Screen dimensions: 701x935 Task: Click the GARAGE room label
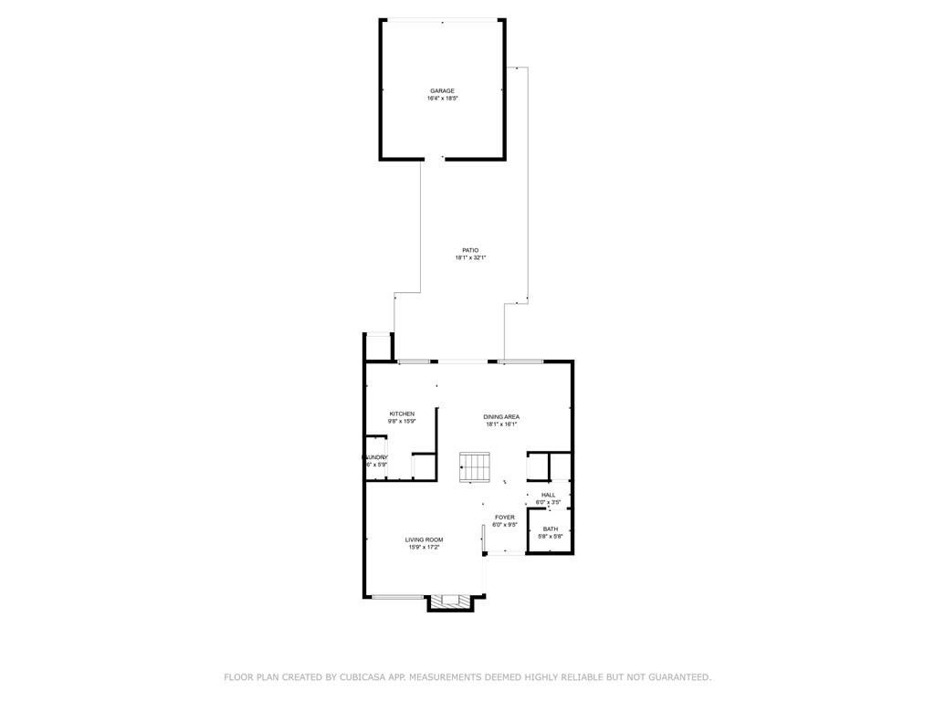click(x=442, y=90)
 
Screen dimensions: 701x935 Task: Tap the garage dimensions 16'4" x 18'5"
click(x=442, y=99)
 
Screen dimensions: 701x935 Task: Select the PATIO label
click(x=470, y=250)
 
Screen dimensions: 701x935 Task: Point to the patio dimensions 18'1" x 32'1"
click(x=470, y=258)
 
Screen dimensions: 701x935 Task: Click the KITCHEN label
click(x=402, y=413)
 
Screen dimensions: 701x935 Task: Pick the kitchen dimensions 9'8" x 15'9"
click(x=402, y=422)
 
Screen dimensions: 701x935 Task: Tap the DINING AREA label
click(x=501, y=416)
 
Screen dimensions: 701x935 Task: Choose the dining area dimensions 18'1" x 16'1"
click(x=501, y=424)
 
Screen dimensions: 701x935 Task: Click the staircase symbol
click(x=474, y=468)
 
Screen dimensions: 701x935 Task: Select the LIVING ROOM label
click(x=425, y=539)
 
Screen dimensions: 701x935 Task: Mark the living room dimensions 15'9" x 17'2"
click(x=425, y=548)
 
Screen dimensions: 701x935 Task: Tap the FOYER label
click(x=505, y=517)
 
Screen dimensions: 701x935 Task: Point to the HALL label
click(x=548, y=495)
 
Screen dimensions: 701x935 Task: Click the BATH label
click(x=551, y=528)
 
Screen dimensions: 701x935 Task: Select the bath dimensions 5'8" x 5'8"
click(x=551, y=537)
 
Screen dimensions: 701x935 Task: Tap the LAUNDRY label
click(x=376, y=457)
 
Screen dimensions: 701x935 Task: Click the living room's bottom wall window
click(x=397, y=597)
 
